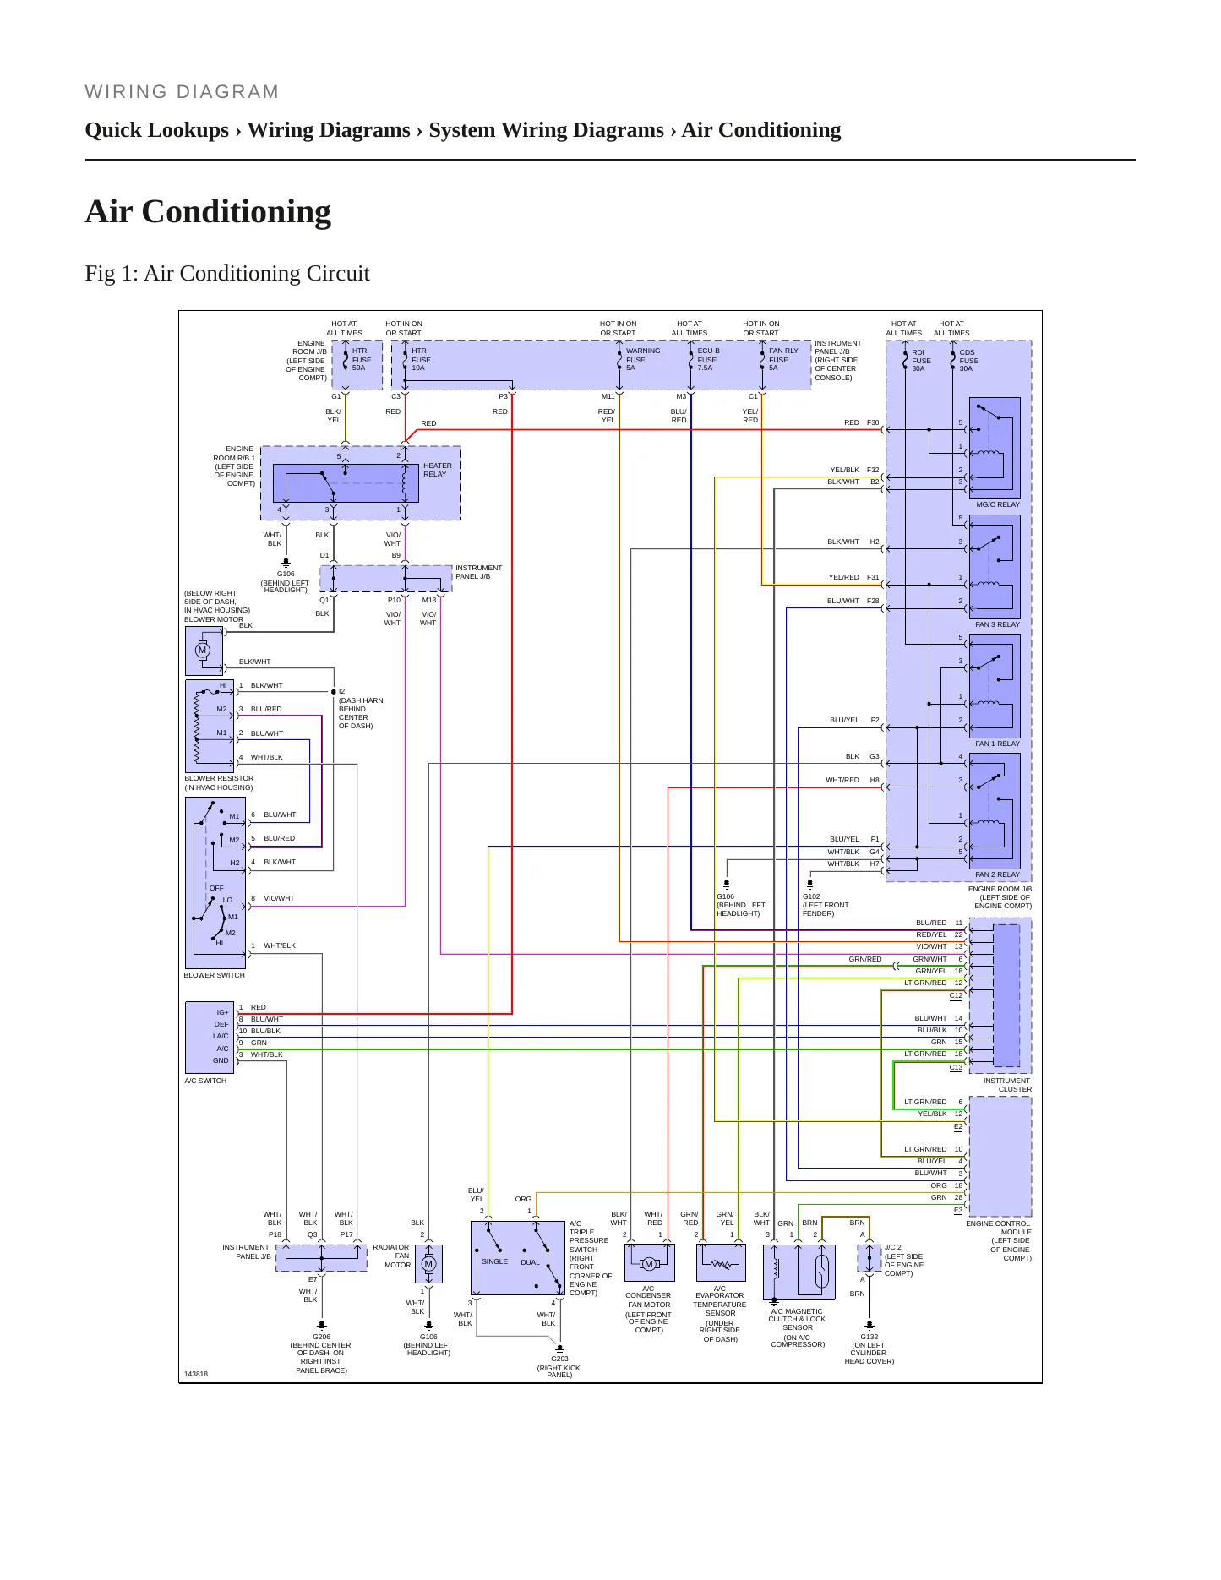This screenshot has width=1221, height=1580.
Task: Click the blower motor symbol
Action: point(203,651)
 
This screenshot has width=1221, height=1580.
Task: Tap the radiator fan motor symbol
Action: point(428,1264)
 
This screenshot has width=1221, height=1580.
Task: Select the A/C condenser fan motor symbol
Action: point(649,1264)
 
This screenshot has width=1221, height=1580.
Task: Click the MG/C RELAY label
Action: point(997,504)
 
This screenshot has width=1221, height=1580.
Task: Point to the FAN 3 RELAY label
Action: point(997,624)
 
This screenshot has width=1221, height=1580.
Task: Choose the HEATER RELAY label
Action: point(437,470)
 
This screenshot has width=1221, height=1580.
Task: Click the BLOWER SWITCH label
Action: point(215,975)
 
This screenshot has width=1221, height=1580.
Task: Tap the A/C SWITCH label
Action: point(205,1081)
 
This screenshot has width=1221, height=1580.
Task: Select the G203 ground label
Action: point(559,1359)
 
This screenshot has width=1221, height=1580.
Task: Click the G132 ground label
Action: point(869,1337)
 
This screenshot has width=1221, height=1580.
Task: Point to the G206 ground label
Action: point(321,1337)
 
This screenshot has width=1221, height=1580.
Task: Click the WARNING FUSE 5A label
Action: point(642,359)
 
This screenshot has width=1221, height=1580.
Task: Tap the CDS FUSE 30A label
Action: point(968,361)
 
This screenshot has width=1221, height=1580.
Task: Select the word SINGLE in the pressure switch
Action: point(495,1261)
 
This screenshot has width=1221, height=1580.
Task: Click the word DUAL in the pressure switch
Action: point(530,1262)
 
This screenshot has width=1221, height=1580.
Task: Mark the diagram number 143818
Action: point(195,1374)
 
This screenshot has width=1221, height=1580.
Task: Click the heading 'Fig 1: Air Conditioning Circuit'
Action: point(227,273)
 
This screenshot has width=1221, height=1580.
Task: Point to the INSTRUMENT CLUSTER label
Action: point(1007,1085)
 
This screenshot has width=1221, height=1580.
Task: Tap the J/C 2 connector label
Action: point(893,1247)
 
